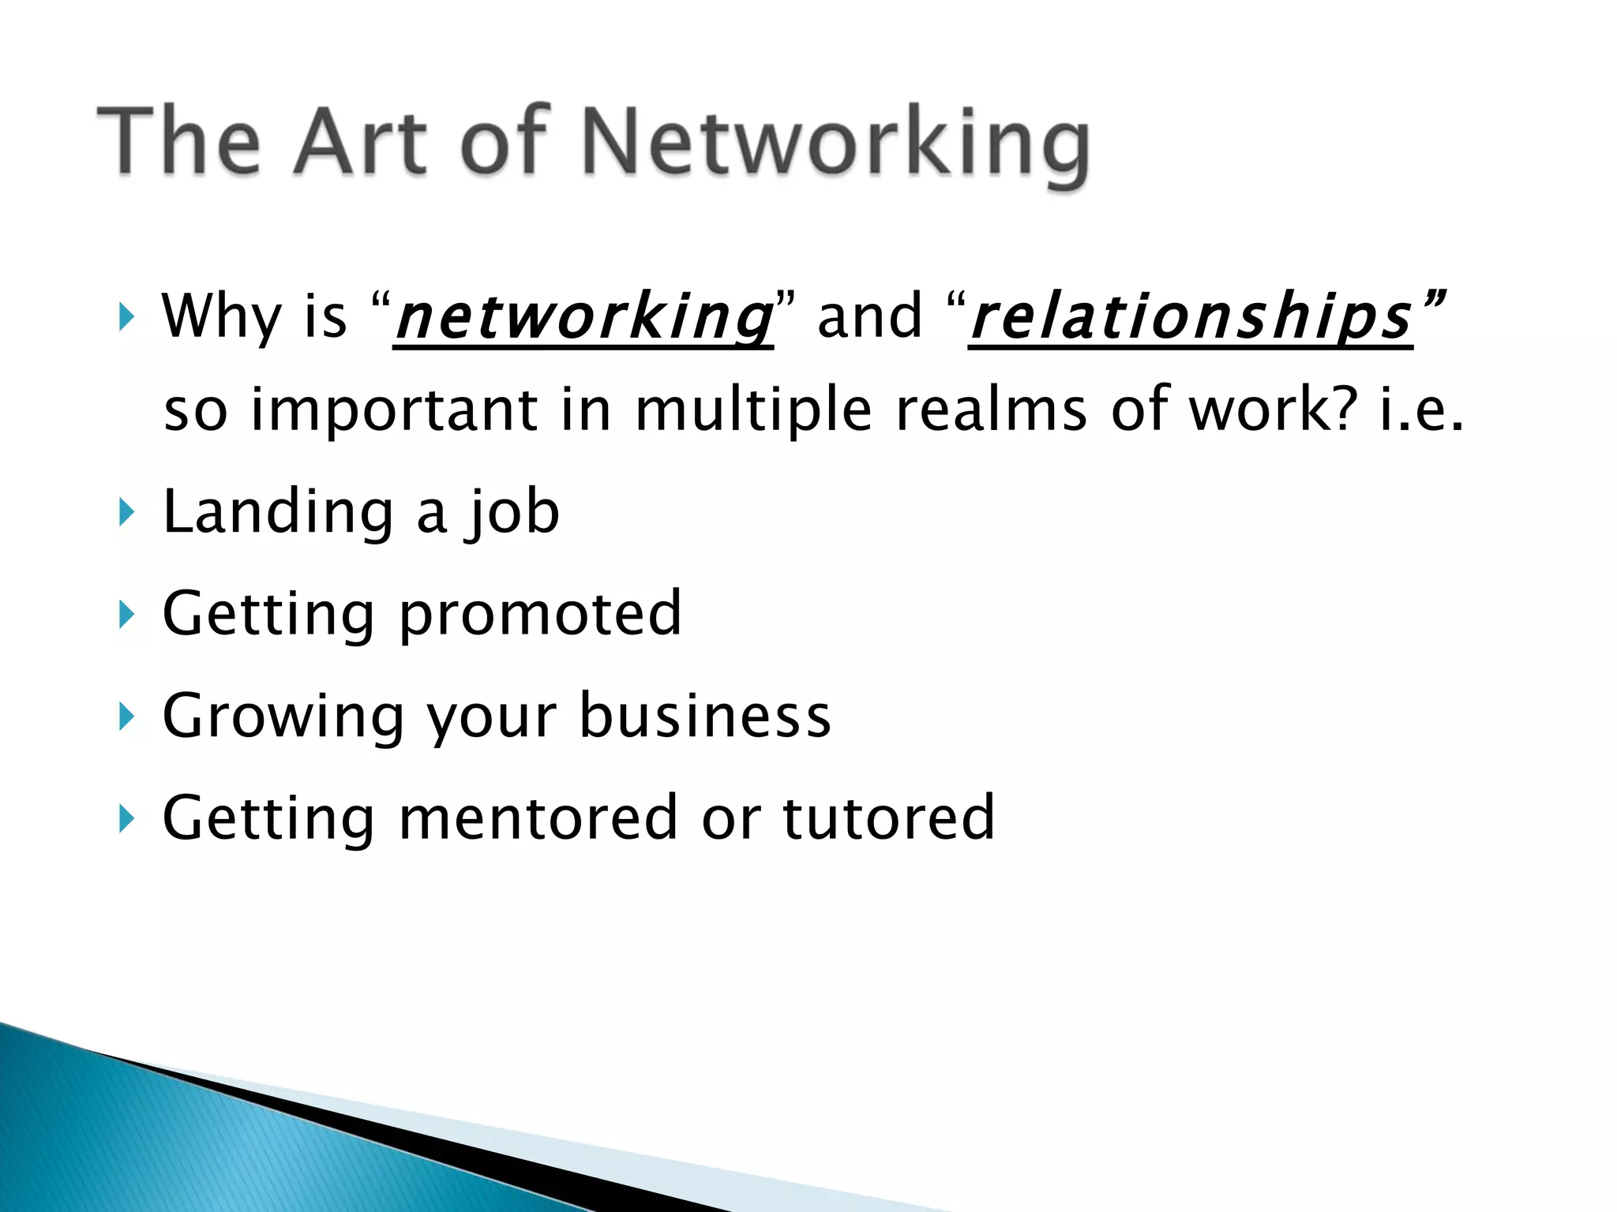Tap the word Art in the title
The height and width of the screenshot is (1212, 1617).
pos(360,142)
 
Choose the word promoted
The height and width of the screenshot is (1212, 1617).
pos(540,615)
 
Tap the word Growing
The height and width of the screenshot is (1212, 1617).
pos(283,717)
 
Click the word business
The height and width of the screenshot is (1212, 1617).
pos(705,716)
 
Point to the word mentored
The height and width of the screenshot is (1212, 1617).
pos(538,817)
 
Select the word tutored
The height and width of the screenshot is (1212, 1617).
pos(888,817)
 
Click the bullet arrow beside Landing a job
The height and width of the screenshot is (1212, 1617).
pos(126,513)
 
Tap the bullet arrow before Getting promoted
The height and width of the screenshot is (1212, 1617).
pos(126,615)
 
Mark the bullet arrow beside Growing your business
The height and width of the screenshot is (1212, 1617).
pos(126,716)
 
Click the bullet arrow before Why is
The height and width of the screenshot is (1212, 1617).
pos(126,317)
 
